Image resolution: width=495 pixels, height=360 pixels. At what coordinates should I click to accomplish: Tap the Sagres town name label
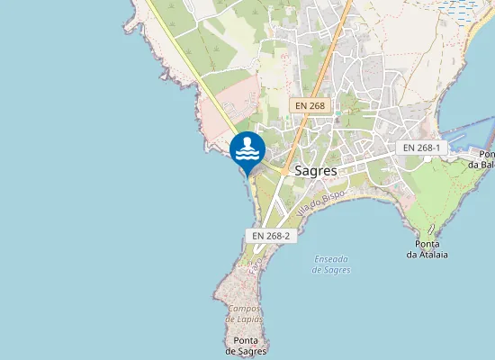316,170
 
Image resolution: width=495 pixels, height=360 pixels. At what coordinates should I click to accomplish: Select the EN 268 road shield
309,105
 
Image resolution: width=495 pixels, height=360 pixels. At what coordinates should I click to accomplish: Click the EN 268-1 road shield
421,148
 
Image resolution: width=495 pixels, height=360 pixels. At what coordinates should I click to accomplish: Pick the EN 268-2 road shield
270,236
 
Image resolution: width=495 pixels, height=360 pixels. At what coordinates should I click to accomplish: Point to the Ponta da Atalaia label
427,249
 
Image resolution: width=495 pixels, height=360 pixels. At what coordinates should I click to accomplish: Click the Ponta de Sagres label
247,346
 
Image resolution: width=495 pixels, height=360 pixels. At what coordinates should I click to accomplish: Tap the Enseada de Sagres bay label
332,265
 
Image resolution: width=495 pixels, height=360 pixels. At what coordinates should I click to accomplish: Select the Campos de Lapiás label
245,313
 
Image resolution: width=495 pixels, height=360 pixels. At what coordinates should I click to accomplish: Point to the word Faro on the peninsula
256,264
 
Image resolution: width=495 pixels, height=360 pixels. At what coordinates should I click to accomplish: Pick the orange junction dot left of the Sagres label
283,169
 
